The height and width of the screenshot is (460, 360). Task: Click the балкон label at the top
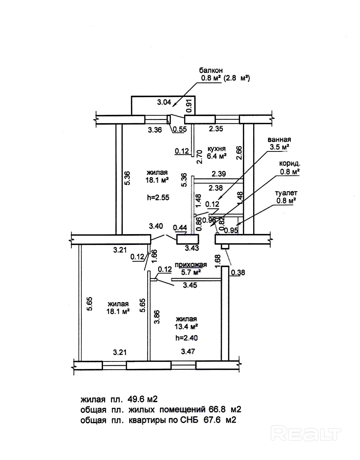[x=211, y=70]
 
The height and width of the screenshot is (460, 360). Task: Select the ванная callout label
[x=279, y=140]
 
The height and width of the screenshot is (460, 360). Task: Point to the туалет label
[x=286, y=193]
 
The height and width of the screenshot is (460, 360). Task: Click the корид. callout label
[x=290, y=164]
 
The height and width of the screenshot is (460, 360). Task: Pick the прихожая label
[x=191, y=265]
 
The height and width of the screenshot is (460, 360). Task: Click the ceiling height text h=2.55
[x=158, y=197]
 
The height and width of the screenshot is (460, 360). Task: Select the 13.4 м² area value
[x=186, y=327]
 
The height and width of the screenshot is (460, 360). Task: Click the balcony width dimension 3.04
[x=164, y=102]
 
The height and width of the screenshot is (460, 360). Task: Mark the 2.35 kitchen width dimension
[x=216, y=129]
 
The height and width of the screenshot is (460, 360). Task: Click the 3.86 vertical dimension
[x=157, y=317]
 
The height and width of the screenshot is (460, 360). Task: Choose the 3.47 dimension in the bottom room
[x=188, y=352]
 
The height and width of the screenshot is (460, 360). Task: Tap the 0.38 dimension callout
[x=238, y=273]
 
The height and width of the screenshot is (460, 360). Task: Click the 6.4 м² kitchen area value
[x=217, y=156]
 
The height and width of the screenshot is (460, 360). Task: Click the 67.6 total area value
[x=211, y=420]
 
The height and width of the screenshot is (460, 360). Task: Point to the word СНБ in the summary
[x=189, y=420]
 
